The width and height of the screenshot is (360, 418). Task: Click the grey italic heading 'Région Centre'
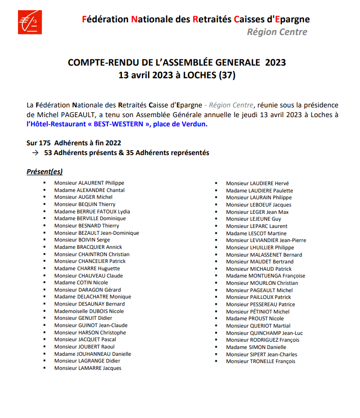[x=277, y=32]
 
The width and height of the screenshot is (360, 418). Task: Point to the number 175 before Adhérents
[x=45, y=143]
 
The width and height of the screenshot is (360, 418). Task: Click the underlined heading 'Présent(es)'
[x=44, y=172]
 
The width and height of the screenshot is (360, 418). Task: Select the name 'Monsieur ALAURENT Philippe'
[x=89, y=183]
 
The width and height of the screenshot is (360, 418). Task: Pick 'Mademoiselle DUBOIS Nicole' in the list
[x=89, y=311]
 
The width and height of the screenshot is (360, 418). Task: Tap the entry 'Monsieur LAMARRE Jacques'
[x=87, y=368]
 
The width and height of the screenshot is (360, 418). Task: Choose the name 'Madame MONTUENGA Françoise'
[x=265, y=276]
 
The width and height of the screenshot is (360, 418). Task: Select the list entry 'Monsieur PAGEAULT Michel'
[x=259, y=290]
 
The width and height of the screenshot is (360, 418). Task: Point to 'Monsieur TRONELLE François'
[x=260, y=361]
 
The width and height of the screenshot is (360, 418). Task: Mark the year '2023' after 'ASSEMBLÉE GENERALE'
[x=275, y=63]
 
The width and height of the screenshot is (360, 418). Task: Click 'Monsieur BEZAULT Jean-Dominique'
[x=96, y=233]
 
